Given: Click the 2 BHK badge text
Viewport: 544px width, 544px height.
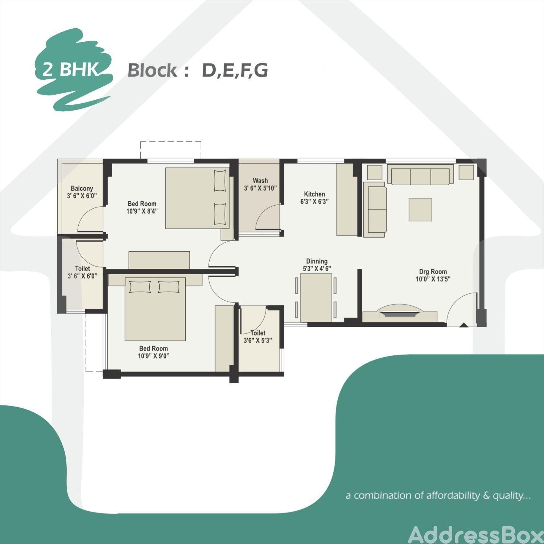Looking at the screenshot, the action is tap(71, 69).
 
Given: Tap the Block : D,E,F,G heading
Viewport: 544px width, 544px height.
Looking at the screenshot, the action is tap(198, 70).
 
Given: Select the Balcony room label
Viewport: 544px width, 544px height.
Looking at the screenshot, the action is tap(82, 188).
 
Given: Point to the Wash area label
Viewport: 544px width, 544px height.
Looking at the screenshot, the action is tap(260, 181).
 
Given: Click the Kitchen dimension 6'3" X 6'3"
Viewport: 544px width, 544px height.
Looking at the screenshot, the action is tap(314, 202).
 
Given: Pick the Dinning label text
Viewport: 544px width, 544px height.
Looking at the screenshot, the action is tap(317, 261).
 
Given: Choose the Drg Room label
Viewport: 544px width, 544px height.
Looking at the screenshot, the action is tap(433, 272).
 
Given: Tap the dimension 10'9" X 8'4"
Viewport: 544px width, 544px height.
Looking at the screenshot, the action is tap(142, 211).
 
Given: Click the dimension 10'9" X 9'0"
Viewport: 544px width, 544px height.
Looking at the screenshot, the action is tap(153, 356).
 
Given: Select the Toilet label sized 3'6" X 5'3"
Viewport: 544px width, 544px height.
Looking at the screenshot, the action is tap(258, 333).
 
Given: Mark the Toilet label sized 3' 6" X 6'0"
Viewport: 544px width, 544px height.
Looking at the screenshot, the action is tap(82, 268).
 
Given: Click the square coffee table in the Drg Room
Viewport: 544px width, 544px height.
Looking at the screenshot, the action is tap(420, 210).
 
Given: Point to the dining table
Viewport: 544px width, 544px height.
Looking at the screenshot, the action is tap(316, 297).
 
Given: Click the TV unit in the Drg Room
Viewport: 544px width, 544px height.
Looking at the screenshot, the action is tap(400, 314).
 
